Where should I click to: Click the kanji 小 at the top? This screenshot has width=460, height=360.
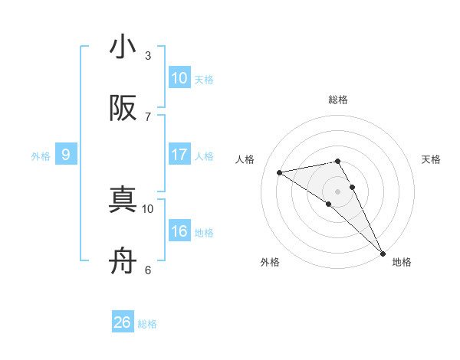click(x=123, y=47)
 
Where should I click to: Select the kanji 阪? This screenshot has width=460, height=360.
click(x=123, y=109)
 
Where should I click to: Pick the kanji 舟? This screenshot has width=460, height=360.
click(x=123, y=262)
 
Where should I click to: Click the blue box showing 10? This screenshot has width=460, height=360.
click(x=179, y=78)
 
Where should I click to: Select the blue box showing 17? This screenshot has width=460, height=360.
click(x=179, y=155)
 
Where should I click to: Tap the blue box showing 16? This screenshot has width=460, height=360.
click(x=179, y=231)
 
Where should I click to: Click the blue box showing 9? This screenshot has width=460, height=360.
click(x=66, y=155)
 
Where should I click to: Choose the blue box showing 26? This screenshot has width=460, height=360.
click(x=123, y=322)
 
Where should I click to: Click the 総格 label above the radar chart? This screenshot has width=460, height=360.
click(x=338, y=100)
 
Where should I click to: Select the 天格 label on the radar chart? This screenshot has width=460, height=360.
click(x=432, y=159)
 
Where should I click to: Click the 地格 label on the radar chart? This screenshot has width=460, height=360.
click(x=402, y=263)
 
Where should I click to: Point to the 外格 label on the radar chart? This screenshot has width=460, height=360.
click(x=270, y=263)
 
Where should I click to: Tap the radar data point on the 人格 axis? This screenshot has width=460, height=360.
click(x=280, y=172)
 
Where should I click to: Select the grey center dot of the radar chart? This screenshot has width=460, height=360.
click(x=338, y=191)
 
